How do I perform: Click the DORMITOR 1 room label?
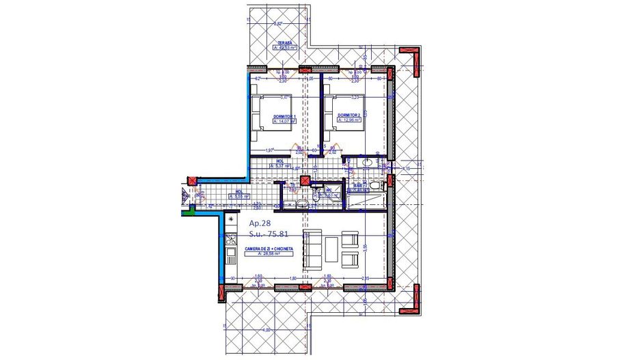coord(284,117)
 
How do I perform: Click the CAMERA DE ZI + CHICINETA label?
coord(269,248)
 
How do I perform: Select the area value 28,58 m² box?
coord(269,253)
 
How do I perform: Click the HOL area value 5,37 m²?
coord(281,166)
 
